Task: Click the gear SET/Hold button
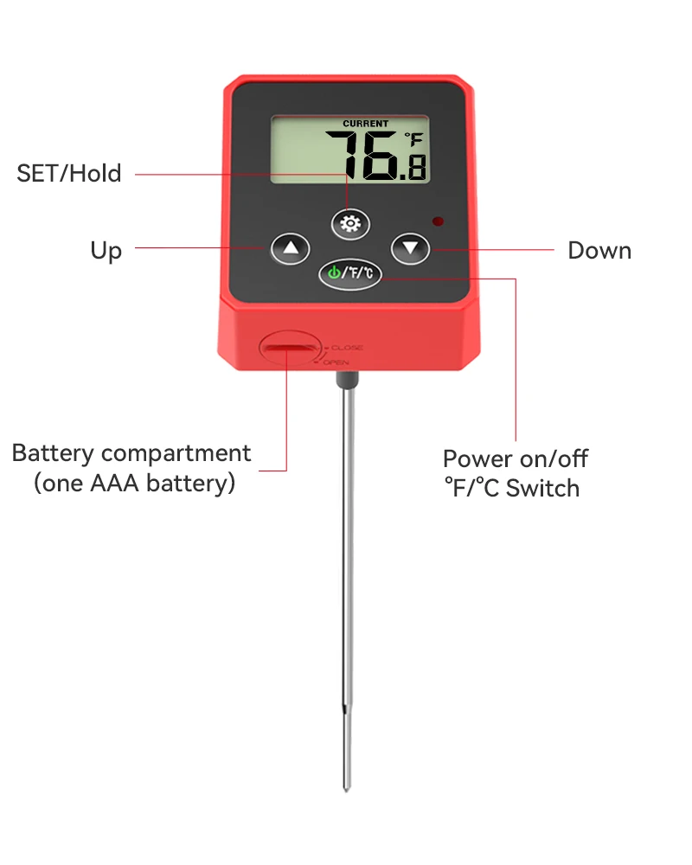pyautogui.click(x=350, y=224)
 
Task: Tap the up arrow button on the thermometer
pyautogui.click(x=290, y=250)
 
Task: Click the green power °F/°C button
pyautogui.click(x=350, y=273)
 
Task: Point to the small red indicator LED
pyautogui.click(x=439, y=221)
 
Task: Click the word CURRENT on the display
pyautogui.click(x=366, y=124)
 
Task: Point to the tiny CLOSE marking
pyautogui.click(x=347, y=348)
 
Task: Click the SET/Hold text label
pyautogui.click(x=69, y=173)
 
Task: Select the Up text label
pyautogui.click(x=106, y=251)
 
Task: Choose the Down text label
pyautogui.click(x=599, y=251)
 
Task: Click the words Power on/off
pyautogui.click(x=516, y=458)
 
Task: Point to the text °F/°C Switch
pyautogui.click(x=511, y=488)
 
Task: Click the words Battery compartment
pyautogui.click(x=131, y=453)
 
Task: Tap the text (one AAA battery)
pyautogui.click(x=134, y=483)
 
